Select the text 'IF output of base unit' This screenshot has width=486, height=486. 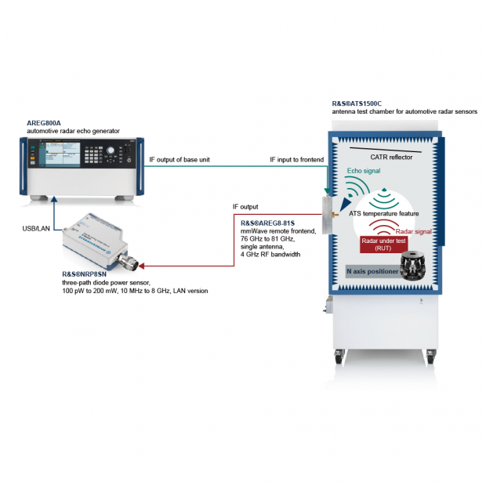point(180,160)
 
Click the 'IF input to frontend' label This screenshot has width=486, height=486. point(297,160)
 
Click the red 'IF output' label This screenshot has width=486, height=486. point(245,208)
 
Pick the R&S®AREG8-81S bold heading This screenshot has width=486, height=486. point(267,223)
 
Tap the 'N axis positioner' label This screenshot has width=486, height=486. point(372,271)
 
